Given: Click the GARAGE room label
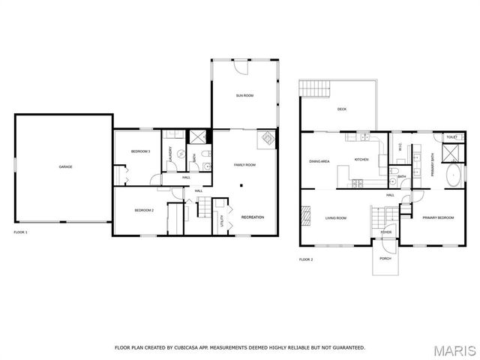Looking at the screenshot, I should (x=66, y=166).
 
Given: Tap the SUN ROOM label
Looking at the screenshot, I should (x=245, y=95).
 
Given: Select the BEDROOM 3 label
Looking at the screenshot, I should (x=141, y=151).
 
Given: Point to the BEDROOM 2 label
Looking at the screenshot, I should (x=144, y=211).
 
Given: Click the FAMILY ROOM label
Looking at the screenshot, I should (x=245, y=164).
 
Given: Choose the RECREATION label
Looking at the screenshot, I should (x=252, y=217).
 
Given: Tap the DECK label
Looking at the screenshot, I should (x=342, y=109).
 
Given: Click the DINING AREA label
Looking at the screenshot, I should (x=319, y=160).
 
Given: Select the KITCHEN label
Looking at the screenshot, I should (x=361, y=160).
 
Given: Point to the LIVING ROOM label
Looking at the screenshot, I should (x=335, y=217).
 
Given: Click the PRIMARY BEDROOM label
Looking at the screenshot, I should (x=438, y=217).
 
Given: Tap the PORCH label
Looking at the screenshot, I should (x=385, y=259).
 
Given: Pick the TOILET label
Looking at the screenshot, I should (x=451, y=137).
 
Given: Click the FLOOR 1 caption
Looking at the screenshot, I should (x=21, y=232).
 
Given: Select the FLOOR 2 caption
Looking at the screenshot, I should (x=306, y=259).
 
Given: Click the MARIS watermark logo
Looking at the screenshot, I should (x=454, y=349).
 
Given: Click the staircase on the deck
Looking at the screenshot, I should (x=314, y=88).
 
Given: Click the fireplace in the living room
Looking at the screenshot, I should (x=306, y=216).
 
